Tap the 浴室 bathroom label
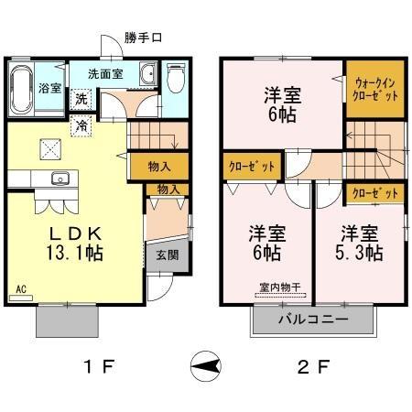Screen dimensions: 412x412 coord(49,90)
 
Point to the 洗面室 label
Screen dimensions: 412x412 coord(106,72)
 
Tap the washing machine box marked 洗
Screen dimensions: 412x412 coord(81,99)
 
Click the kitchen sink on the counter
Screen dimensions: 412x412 coord(60,179)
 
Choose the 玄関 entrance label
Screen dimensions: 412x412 coord(167,254)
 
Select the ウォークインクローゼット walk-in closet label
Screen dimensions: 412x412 coord(376,88)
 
